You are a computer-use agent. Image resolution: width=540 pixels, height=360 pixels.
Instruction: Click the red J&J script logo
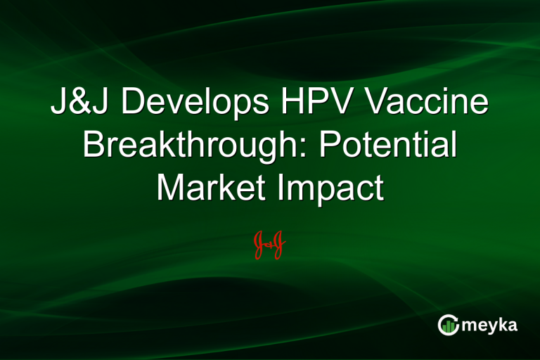coord(269,243)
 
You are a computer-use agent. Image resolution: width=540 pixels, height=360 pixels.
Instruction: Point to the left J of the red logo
coord(259,243)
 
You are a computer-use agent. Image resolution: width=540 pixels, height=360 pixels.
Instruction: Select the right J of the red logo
coord(278,243)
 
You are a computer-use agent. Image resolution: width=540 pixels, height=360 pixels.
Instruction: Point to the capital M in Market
coord(169,187)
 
